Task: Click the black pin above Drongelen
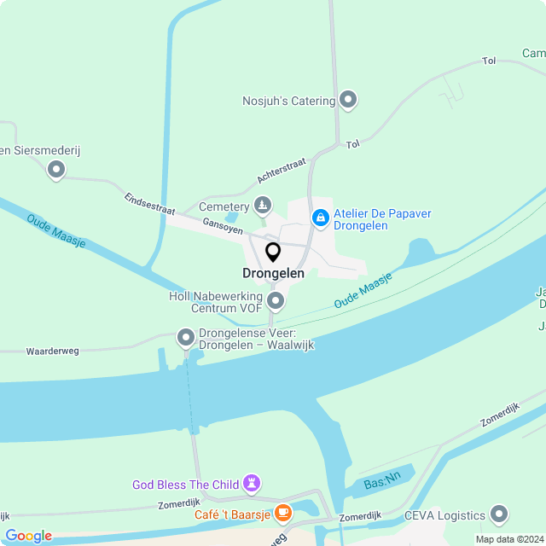coord(273,253)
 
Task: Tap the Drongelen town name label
coord(273,274)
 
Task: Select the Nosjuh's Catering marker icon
coord(348,101)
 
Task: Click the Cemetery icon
coord(263,206)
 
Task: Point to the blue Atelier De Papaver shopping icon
coord(320,219)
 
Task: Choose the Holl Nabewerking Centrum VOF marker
coord(276,300)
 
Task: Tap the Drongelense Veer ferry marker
coord(186,339)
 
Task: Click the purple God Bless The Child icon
coord(251,485)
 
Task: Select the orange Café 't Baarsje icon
coord(282,513)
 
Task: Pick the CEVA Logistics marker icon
coord(499,514)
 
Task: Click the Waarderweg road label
coord(53,351)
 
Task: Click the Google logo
coord(28,536)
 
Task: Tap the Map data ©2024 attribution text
coord(509,539)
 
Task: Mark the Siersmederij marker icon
coord(56,170)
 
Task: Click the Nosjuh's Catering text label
coord(288,101)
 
